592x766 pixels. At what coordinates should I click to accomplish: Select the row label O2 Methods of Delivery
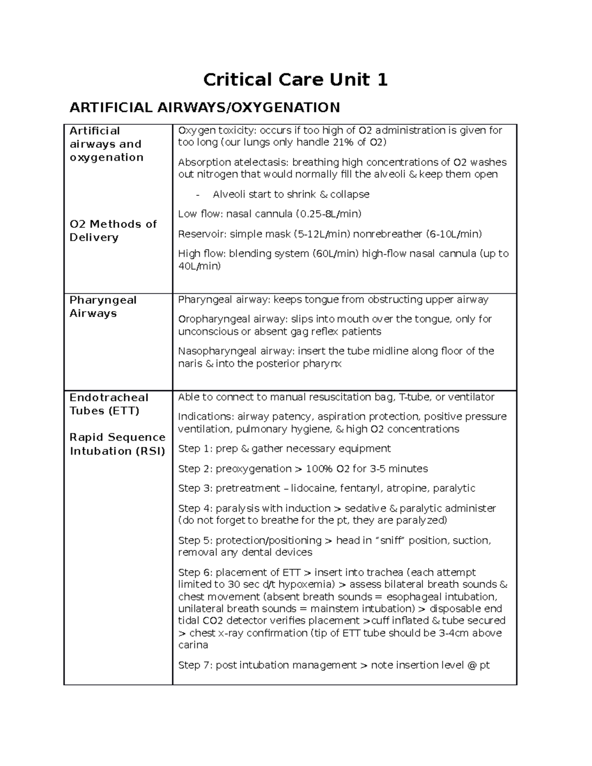click(x=113, y=231)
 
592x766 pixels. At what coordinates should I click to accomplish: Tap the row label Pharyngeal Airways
click(x=103, y=307)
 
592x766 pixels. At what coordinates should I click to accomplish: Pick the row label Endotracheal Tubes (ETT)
click(x=109, y=404)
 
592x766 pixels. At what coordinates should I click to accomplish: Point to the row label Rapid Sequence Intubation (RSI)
click(x=117, y=444)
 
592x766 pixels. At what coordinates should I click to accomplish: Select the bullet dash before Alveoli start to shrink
click(x=198, y=195)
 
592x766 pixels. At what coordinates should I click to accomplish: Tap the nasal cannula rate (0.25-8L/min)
click(x=328, y=214)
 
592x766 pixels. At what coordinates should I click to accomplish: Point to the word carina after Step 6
click(x=193, y=645)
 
